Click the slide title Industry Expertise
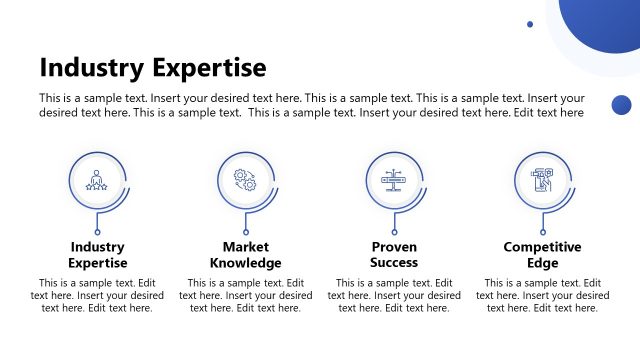(x=153, y=67)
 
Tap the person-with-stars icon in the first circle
(x=97, y=180)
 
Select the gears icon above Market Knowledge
(x=246, y=180)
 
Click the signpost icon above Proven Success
(x=394, y=180)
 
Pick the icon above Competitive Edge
(x=542, y=180)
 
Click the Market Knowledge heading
(x=246, y=255)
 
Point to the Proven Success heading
(x=394, y=255)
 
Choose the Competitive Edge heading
(x=542, y=255)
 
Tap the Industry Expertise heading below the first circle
(x=98, y=255)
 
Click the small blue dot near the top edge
(x=530, y=24)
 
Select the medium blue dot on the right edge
(x=621, y=104)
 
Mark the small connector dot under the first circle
(x=97, y=232)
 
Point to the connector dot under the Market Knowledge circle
(x=246, y=232)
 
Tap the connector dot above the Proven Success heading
(x=394, y=232)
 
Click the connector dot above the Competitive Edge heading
(x=542, y=232)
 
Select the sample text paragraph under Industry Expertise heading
(x=97, y=296)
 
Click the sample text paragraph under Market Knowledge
(x=246, y=296)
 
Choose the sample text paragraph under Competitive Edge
(x=542, y=296)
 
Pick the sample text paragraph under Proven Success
(x=394, y=296)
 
